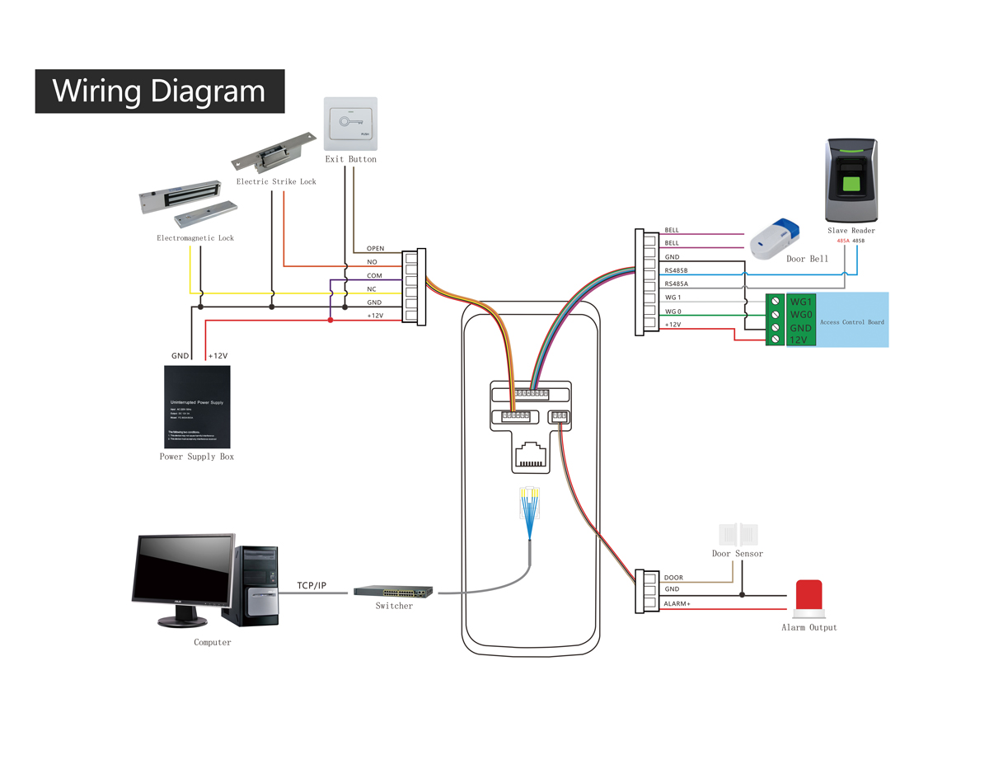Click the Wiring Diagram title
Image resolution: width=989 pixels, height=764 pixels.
coord(159,91)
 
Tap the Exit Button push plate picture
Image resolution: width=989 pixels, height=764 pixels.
coord(350,124)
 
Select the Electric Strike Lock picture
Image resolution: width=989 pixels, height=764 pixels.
coord(274,151)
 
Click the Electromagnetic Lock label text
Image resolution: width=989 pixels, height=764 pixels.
coord(195,238)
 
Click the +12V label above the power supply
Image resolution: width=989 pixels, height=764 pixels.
coord(218,356)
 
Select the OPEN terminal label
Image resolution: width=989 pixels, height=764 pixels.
coord(375,248)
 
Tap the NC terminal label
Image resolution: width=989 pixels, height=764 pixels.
coord(372,289)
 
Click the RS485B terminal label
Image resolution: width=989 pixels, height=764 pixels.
coord(676,270)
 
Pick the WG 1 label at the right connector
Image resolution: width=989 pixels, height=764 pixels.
coord(673,298)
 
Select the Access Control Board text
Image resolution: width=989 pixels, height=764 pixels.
coord(851,321)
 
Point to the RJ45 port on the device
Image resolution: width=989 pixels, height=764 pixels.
coord(532,456)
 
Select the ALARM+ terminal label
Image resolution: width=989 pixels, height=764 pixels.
coord(677,604)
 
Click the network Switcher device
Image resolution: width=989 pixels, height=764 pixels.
coord(393,591)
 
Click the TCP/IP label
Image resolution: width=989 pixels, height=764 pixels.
coord(312,585)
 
